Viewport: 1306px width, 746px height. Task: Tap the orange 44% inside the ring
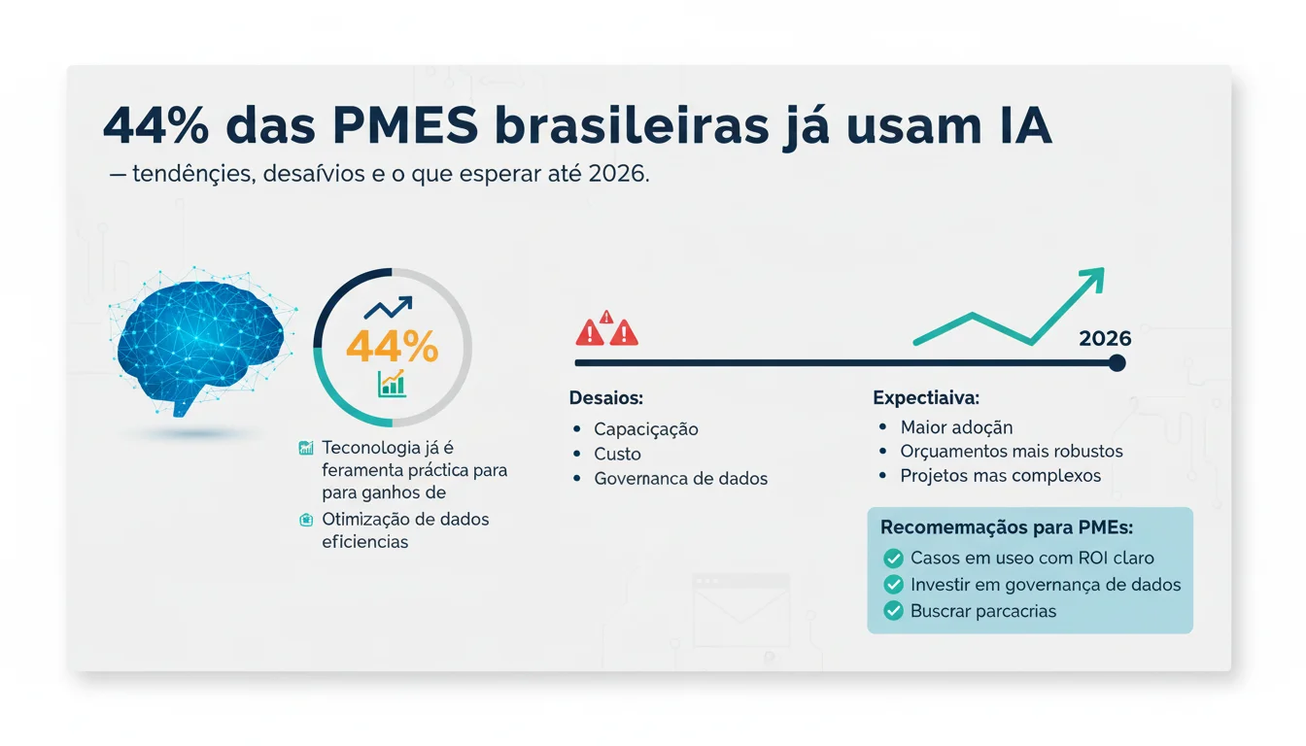point(392,347)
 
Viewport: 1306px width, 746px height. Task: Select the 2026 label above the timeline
point(1105,338)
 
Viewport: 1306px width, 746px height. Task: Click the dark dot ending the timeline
point(1117,363)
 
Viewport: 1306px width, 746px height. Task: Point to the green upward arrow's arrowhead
point(1092,280)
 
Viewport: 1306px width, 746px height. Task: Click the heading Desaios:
point(606,398)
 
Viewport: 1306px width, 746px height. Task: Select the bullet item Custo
point(617,454)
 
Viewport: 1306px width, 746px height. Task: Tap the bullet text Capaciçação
point(645,429)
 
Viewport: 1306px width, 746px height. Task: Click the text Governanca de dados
point(680,478)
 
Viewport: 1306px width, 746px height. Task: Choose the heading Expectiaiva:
point(925,398)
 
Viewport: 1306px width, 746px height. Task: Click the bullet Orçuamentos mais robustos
point(1011,452)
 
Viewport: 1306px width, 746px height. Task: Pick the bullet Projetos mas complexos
point(1000,476)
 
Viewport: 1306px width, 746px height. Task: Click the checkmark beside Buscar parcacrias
point(893,611)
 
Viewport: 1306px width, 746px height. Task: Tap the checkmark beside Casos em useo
point(893,559)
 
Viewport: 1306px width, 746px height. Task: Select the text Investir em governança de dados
point(1046,585)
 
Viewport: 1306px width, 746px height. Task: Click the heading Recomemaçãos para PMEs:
point(1006,527)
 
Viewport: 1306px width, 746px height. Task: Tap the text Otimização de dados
point(405,519)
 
